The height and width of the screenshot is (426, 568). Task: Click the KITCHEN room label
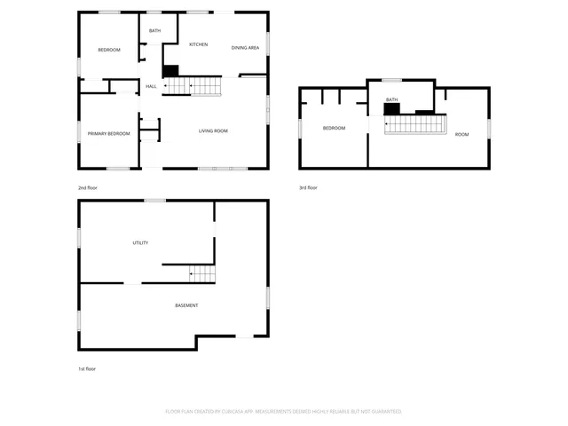pyautogui.click(x=198, y=44)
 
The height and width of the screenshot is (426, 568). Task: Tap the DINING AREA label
pyautogui.click(x=245, y=47)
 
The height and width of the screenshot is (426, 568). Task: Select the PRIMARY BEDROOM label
pyautogui.click(x=108, y=134)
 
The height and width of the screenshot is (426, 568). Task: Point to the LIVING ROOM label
pyautogui.click(x=213, y=131)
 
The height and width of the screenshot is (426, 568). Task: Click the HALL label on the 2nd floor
pyautogui.click(x=151, y=86)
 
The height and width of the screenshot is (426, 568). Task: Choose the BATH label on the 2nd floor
pyautogui.click(x=154, y=31)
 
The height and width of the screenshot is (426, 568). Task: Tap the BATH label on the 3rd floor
pyautogui.click(x=391, y=99)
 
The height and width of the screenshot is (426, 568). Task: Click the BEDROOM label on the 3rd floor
pyautogui.click(x=334, y=129)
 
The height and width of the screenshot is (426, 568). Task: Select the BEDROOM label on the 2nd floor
pyautogui.click(x=108, y=50)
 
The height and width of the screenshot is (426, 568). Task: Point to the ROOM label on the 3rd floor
pyautogui.click(x=461, y=134)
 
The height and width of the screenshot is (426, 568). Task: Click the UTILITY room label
pyautogui.click(x=140, y=242)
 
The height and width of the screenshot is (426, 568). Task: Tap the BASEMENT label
pyautogui.click(x=186, y=305)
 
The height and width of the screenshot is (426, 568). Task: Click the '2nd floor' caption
pyautogui.click(x=88, y=188)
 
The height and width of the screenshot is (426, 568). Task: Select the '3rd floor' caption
pyautogui.click(x=308, y=187)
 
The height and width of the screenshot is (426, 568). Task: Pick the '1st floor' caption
pyautogui.click(x=86, y=368)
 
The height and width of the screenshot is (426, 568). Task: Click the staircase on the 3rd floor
pyautogui.click(x=414, y=124)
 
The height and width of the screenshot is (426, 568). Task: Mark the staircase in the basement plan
pyautogui.click(x=202, y=274)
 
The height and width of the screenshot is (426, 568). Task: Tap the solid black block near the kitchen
pyautogui.click(x=171, y=71)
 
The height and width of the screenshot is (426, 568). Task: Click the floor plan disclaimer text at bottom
pyautogui.click(x=284, y=412)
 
